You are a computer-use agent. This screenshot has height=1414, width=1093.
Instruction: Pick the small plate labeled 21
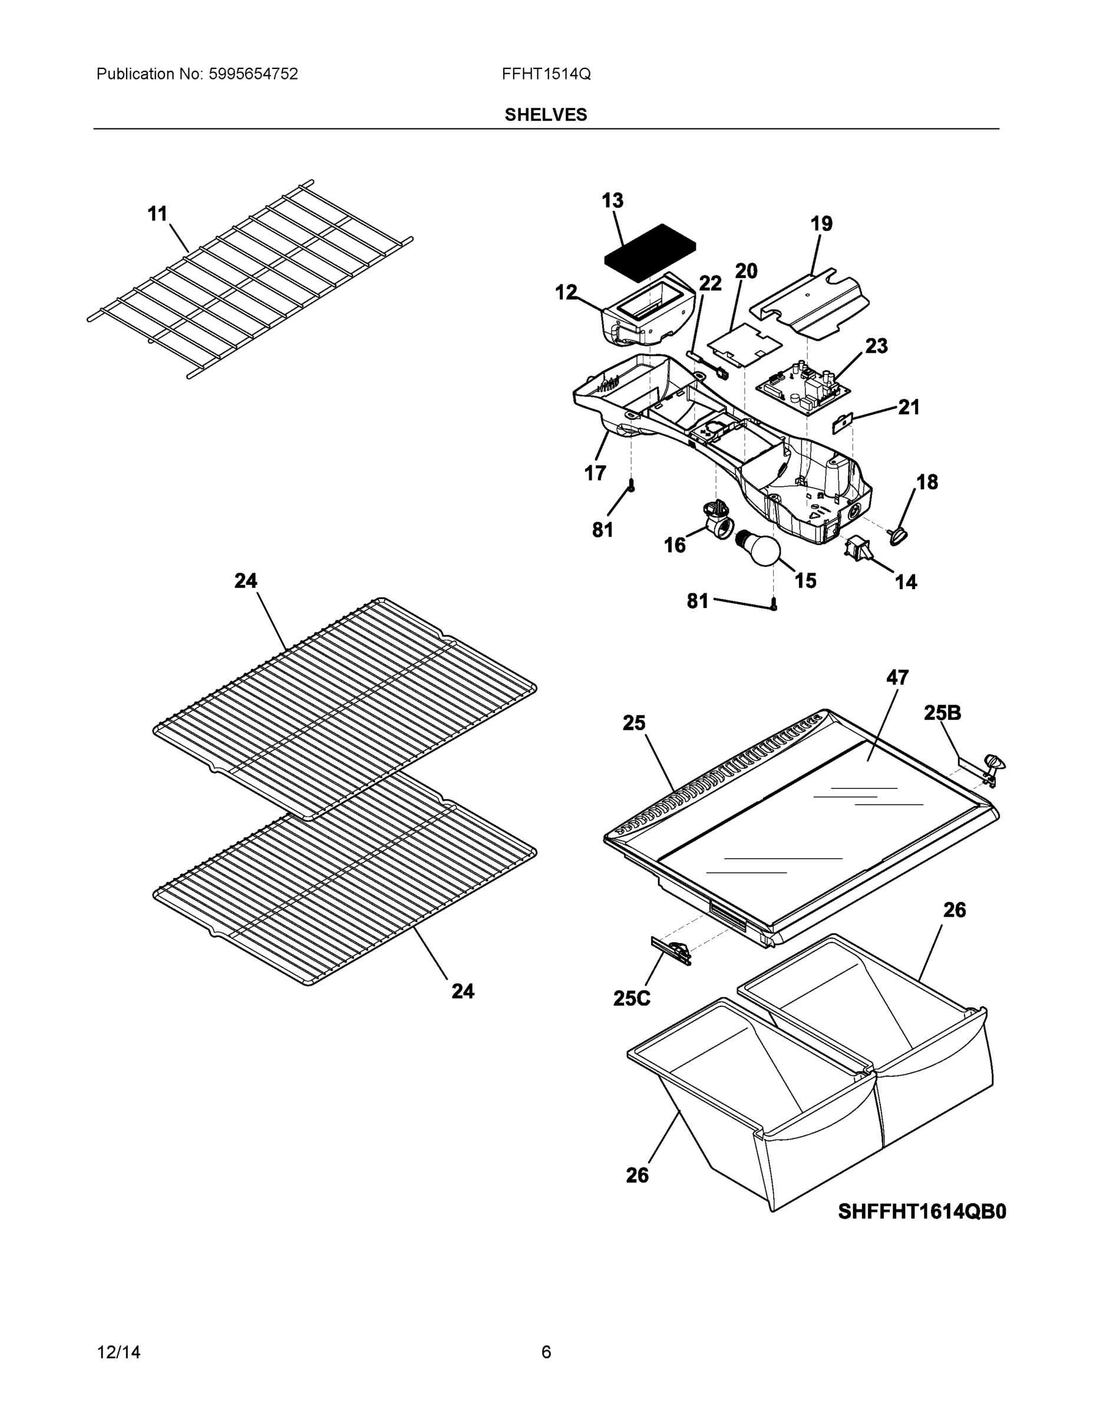(x=843, y=424)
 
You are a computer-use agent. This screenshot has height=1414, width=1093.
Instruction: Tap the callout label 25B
(x=942, y=713)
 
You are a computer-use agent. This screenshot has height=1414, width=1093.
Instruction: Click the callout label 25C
(x=631, y=999)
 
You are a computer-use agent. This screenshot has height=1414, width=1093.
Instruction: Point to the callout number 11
(x=157, y=214)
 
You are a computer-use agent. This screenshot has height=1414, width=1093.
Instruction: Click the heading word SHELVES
(x=546, y=115)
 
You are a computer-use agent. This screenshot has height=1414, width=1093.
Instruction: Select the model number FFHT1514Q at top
(x=546, y=74)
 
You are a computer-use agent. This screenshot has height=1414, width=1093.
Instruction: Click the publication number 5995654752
(x=253, y=74)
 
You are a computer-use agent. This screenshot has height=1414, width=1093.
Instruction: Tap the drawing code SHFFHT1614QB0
(x=922, y=1211)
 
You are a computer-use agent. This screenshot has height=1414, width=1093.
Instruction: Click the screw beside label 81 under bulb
(x=774, y=605)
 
